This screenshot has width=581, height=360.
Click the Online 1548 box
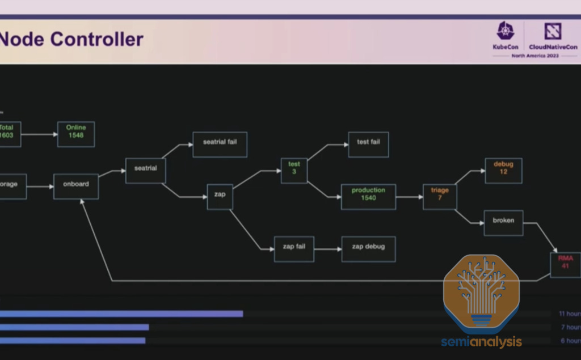76,134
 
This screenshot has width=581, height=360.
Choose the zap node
220,197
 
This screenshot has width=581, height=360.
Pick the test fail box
368,144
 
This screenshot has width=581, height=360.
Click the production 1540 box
368,197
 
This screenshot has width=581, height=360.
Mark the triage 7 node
440,197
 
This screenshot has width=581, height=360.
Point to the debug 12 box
503,171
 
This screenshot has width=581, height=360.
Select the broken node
503,223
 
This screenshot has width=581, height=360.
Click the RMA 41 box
565,264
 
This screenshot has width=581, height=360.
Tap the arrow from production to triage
409,197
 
